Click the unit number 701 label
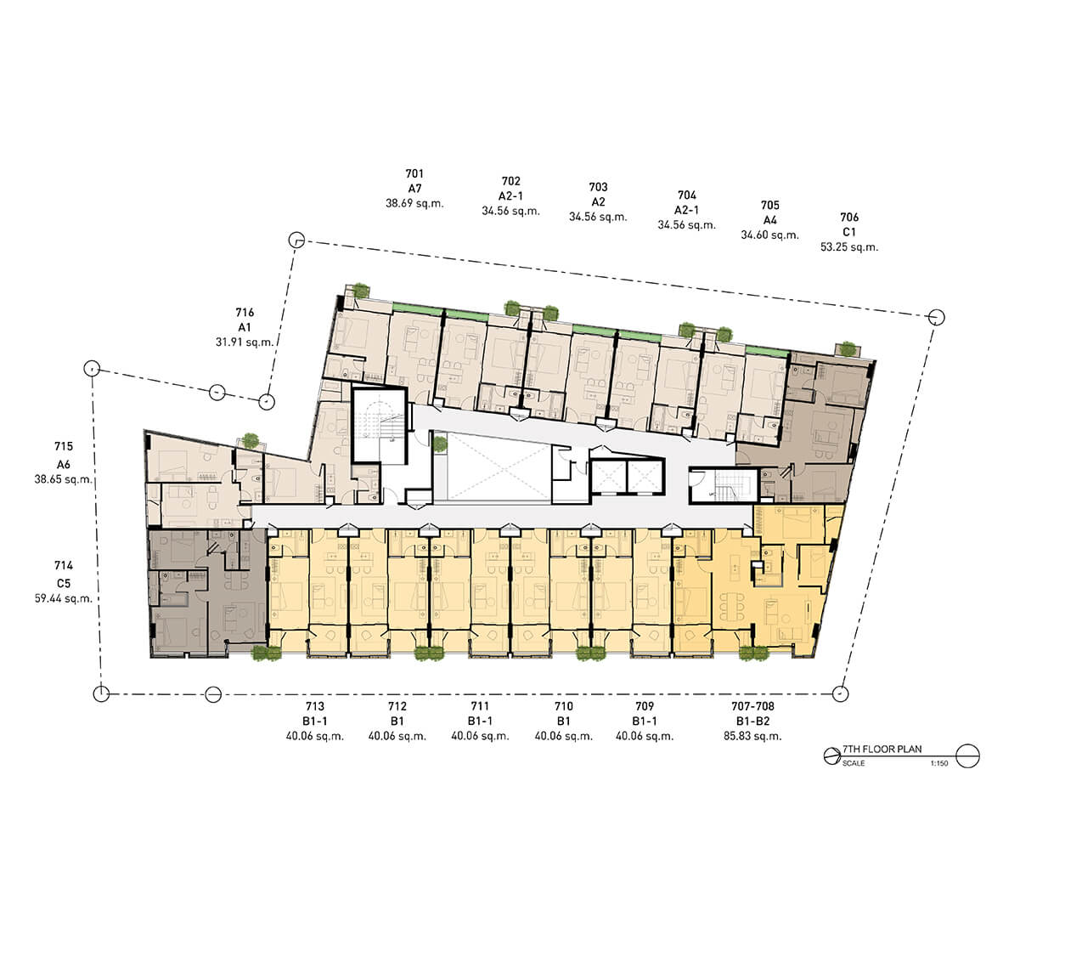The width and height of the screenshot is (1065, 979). [414, 174]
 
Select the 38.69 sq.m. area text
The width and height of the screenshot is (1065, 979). [414, 203]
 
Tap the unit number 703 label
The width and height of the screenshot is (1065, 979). [599, 187]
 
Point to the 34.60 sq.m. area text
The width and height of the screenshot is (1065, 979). [769, 235]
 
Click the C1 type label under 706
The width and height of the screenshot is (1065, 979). [849, 232]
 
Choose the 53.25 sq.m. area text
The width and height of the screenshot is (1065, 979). [849, 247]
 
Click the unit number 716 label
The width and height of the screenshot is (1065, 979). [245, 313]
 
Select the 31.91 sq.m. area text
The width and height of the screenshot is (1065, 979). [245, 342]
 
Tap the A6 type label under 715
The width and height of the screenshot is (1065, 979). [64, 465]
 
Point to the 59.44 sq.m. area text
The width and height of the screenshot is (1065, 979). [64, 598]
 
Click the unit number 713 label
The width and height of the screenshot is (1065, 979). [315, 706]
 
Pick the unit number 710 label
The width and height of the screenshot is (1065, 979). [564, 706]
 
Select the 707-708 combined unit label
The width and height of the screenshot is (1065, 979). [752, 706]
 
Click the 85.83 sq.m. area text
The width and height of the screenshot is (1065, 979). [752, 737]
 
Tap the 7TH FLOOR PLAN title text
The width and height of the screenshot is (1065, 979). [882, 750]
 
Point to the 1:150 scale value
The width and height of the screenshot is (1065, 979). [939, 763]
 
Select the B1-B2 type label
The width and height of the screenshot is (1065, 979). [752, 722]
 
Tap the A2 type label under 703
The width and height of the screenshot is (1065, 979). [599, 202]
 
